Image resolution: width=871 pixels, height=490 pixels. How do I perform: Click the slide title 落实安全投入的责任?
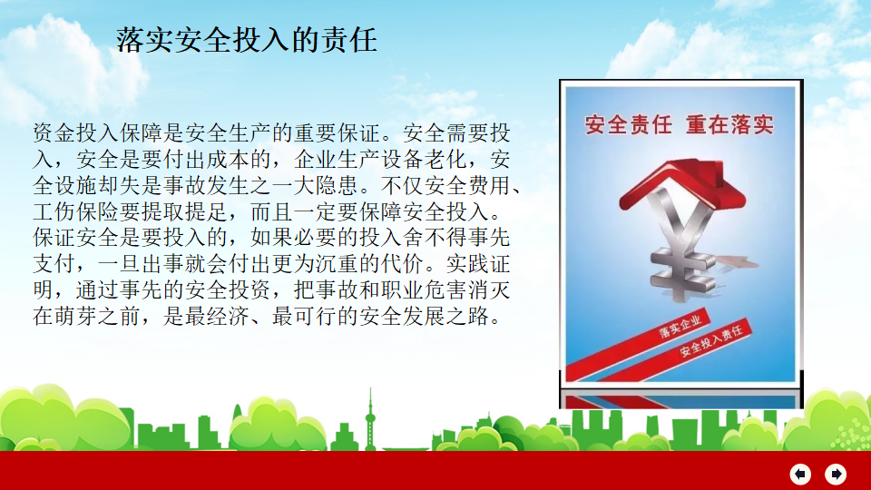[247, 40]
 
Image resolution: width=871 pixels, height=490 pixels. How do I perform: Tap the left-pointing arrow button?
[800, 474]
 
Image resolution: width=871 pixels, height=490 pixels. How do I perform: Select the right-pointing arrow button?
[836, 474]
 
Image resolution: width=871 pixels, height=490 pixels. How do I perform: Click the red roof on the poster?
[682, 184]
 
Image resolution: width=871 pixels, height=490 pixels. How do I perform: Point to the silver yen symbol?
[681, 244]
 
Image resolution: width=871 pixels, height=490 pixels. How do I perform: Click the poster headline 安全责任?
[628, 125]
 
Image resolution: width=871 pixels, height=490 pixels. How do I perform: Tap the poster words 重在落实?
[729, 125]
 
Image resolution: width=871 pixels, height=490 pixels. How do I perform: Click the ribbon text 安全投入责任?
[711, 342]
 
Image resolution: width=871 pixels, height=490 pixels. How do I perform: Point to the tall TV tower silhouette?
[370, 419]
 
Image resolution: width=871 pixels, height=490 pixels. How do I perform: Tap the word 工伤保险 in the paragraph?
[76, 211]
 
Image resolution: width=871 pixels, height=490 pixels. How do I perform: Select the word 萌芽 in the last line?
[76, 316]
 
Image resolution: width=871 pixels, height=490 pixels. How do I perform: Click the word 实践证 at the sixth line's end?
[478, 264]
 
